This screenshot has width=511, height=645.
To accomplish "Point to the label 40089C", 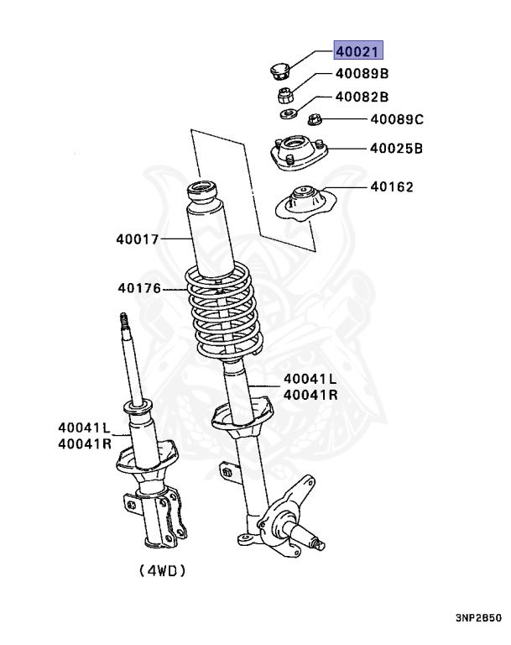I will [396, 120].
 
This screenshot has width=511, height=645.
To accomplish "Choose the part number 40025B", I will [396, 149].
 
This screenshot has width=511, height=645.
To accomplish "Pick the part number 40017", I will [138, 239].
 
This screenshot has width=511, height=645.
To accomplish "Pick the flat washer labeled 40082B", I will [288, 113].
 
